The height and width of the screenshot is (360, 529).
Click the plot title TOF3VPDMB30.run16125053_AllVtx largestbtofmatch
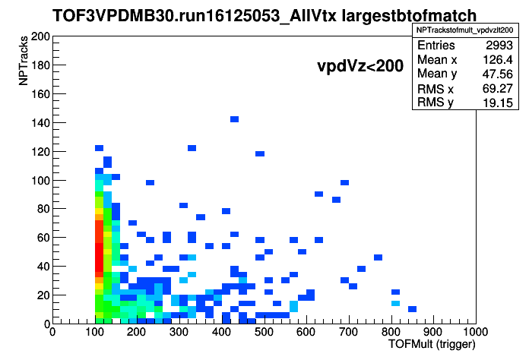click(264, 16)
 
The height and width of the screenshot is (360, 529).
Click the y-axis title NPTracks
click(24, 61)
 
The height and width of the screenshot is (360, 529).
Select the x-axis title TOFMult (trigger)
click(432, 344)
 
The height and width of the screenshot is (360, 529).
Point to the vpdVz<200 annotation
click(360, 66)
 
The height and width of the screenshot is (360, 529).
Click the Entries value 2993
click(499, 45)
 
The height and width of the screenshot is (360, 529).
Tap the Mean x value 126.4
click(498, 60)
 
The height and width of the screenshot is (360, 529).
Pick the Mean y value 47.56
click(498, 74)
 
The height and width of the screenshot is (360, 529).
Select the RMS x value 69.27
click(498, 88)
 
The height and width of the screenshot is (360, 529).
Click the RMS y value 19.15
click(498, 103)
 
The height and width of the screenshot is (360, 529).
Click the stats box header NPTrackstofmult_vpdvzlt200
click(465, 30)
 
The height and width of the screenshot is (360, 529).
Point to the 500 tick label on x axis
click(264, 332)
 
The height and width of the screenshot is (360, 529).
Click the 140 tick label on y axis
click(40, 123)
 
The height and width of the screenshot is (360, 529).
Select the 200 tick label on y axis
click(40, 36)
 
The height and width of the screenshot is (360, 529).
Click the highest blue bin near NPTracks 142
click(234, 119)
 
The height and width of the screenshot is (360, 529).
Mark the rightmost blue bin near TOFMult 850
click(412, 309)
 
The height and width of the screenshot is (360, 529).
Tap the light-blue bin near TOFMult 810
click(395, 303)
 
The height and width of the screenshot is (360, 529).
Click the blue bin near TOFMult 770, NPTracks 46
click(379, 257)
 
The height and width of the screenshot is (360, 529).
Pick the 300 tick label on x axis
click(179, 332)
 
